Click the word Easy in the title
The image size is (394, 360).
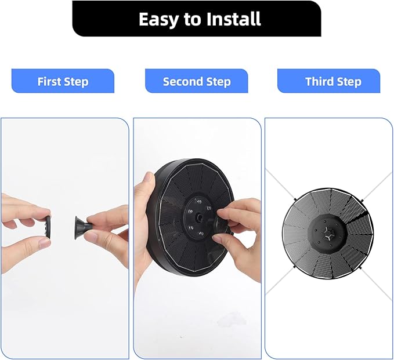click(x=158, y=20)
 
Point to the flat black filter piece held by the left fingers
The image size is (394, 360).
click(x=48, y=226)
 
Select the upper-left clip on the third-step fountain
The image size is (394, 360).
click(x=295, y=199)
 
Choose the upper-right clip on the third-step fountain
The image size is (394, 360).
click(x=362, y=201)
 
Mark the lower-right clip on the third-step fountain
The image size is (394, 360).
click(x=361, y=268)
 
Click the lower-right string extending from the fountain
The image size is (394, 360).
click(x=377, y=283)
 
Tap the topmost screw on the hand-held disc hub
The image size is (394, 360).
click(x=199, y=201)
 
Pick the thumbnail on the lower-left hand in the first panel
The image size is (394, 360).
click(x=45, y=242)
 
